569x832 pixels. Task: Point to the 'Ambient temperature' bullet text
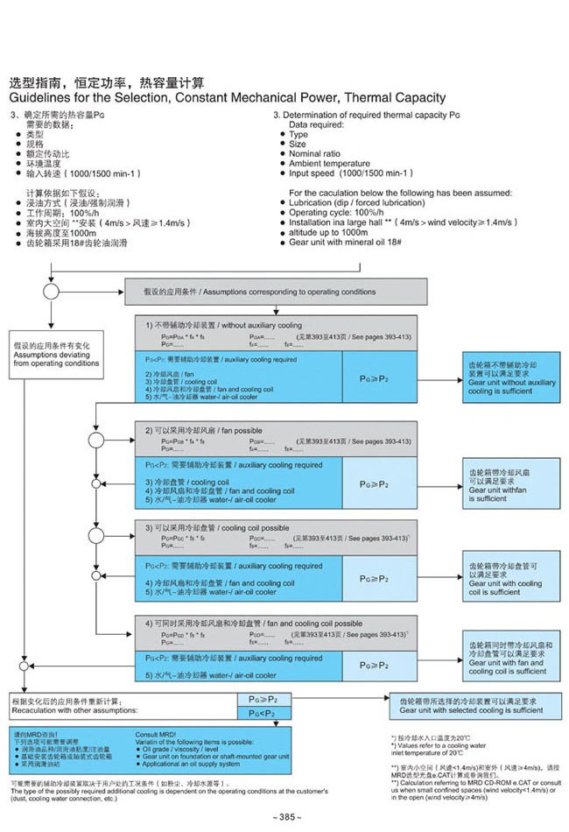tap(329, 164)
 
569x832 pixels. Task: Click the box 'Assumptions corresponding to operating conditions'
tap(280, 291)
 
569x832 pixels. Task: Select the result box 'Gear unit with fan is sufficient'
tap(511, 484)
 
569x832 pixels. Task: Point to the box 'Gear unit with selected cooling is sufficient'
tap(474, 705)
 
